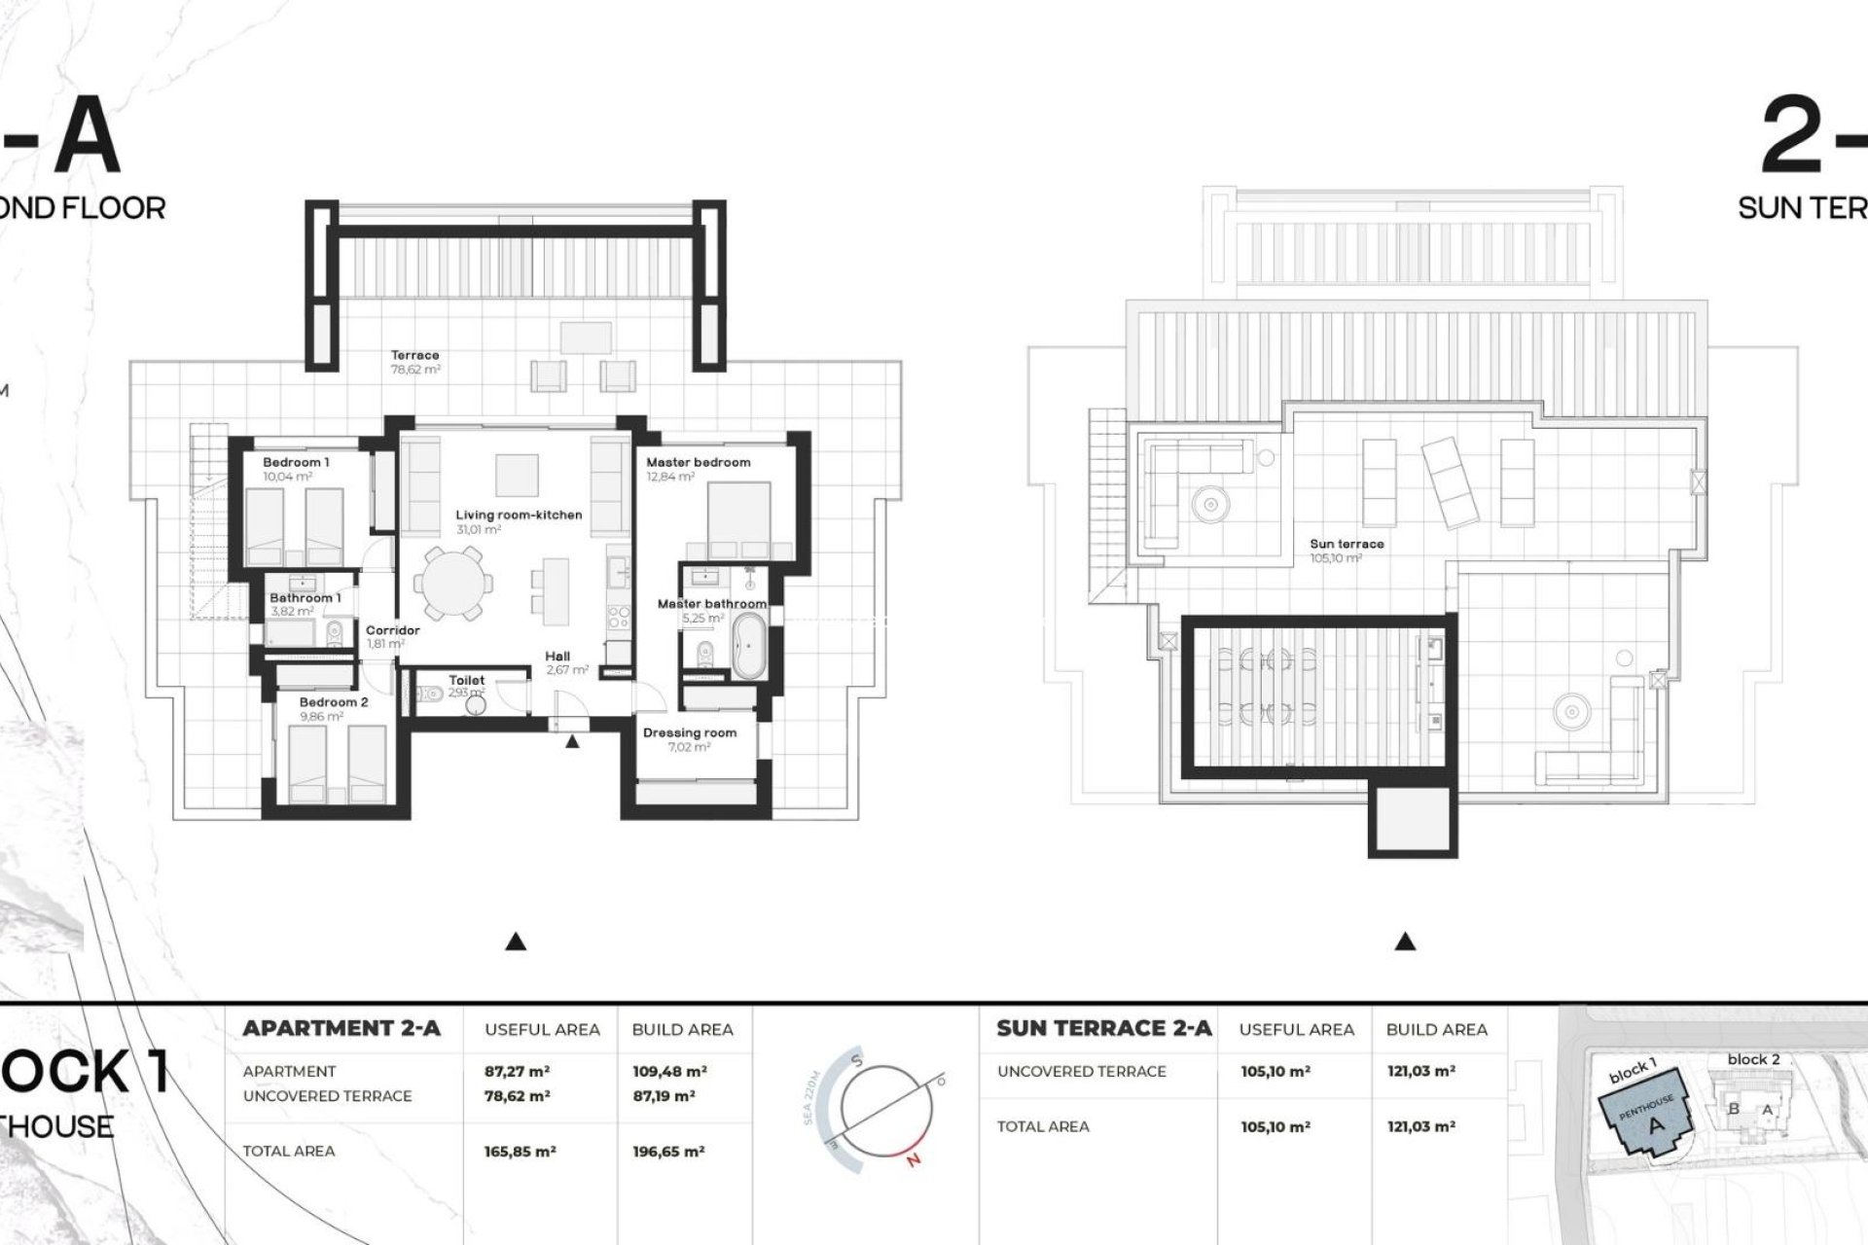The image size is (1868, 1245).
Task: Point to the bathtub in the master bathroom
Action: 750,646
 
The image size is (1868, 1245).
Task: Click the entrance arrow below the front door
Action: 572,742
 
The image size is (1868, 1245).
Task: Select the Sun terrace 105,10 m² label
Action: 1347,551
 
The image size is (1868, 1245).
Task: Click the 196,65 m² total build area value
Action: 668,1152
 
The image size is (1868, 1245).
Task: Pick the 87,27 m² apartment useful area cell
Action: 517,1071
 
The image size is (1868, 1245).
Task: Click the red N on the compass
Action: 912,1159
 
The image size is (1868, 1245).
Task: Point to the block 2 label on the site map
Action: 1753,1059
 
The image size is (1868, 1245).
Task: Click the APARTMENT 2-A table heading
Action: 341,1028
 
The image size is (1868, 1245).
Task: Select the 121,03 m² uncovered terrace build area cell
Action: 1420,1071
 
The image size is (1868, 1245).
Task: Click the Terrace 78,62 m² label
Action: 415,362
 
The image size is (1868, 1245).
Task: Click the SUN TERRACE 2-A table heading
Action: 1103,1028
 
